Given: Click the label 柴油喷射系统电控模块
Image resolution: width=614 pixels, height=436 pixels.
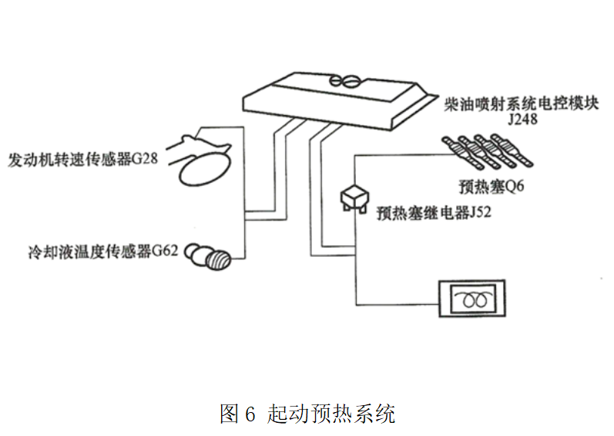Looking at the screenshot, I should click(532, 103).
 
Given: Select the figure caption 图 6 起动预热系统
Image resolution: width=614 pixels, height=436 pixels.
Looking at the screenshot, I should click(307, 414).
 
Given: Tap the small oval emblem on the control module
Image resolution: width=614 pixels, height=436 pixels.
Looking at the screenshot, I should click(344, 79).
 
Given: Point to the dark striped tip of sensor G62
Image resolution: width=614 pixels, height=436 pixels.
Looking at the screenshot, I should click(220, 259).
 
